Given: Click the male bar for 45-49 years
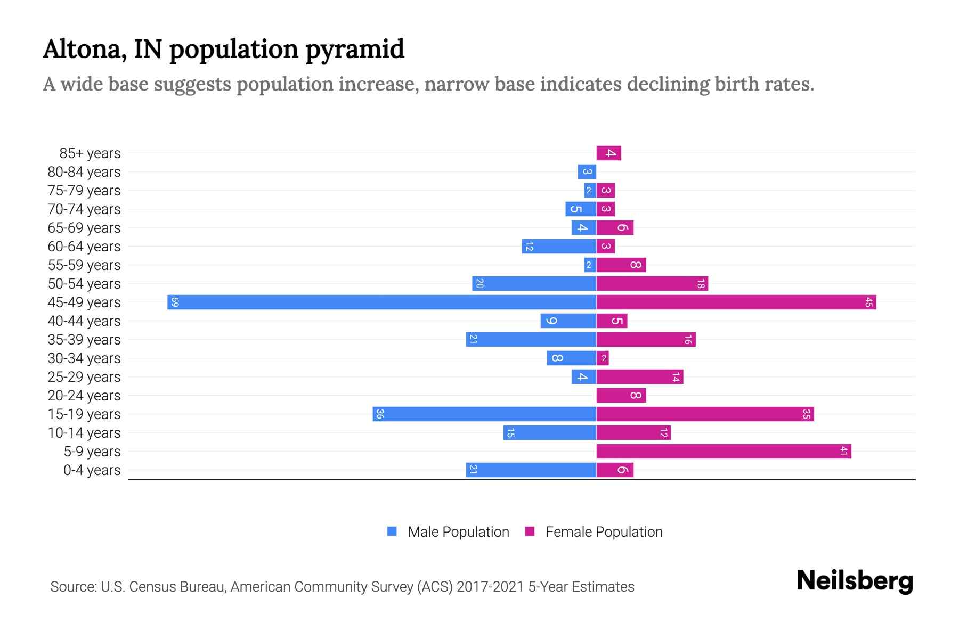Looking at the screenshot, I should click(381, 302).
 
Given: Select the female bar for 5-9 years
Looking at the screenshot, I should click(724, 452).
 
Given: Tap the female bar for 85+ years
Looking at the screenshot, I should click(609, 153).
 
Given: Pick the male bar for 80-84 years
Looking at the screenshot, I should click(587, 172).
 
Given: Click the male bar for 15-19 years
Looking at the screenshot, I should click(484, 414).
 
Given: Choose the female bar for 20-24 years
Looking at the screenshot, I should click(621, 396).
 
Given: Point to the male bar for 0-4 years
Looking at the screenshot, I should click(531, 470).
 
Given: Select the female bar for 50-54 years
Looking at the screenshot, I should click(652, 284).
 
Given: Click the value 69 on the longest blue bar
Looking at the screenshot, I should click(175, 302).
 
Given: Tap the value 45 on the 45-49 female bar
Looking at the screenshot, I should click(868, 302).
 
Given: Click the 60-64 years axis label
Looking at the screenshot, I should click(84, 247).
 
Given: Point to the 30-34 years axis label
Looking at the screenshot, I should click(84, 358).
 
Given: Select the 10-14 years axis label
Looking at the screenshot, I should click(84, 433).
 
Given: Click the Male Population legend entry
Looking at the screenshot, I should click(458, 532).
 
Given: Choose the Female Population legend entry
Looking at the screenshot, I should click(604, 532).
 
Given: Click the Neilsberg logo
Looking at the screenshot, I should click(855, 581).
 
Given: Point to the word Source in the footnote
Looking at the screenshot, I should click(72, 587).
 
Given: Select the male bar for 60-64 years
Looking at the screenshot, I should click(559, 247).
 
